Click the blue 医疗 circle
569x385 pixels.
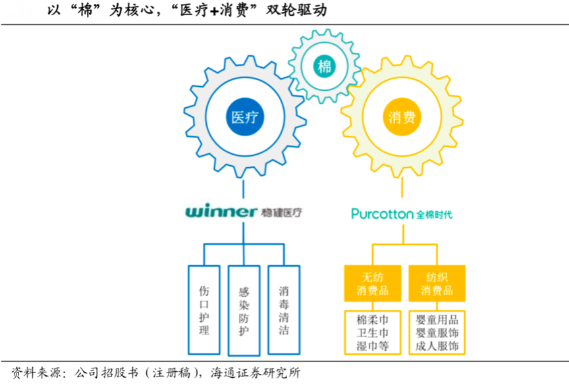point(244,117)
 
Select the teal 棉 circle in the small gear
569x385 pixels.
point(324,66)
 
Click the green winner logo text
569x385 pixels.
point(221,212)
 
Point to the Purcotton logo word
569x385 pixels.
point(381,214)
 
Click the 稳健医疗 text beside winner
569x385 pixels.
point(283,212)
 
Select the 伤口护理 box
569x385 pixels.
point(204,309)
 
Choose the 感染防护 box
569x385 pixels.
point(244,309)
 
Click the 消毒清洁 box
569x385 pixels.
point(284,309)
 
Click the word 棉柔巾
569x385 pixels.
point(372,321)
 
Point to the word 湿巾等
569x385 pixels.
point(372,346)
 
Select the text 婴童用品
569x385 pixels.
point(437,321)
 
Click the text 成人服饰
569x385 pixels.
point(437,346)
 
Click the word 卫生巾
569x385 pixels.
point(372,334)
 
